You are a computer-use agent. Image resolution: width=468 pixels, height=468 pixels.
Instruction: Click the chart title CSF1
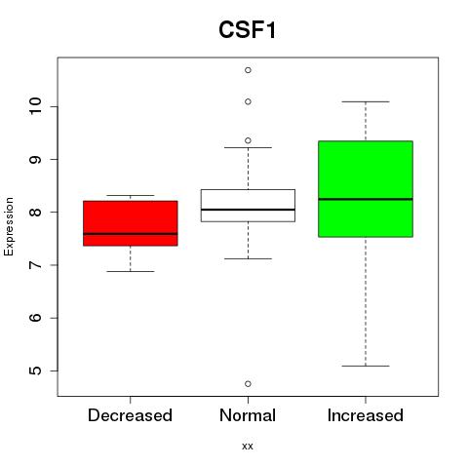pos(248,30)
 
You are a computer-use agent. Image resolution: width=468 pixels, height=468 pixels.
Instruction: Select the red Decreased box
pos(131,223)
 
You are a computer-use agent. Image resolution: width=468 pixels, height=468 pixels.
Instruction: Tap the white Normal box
pos(248,206)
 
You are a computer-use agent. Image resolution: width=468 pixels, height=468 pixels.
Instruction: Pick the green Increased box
pos(366,189)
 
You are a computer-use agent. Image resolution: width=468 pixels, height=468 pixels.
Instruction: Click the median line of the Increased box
pos(366,199)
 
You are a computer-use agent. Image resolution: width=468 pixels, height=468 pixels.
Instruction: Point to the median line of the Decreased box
pos(131,234)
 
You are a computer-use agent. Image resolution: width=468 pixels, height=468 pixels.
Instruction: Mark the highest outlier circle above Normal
pos(248,70)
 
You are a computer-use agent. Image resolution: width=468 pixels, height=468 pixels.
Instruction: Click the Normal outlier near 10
pos(248,101)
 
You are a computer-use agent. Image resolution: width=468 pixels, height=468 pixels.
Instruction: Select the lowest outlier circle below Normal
pos(248,384)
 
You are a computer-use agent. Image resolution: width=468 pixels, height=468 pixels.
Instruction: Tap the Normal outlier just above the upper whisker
pos(248,140)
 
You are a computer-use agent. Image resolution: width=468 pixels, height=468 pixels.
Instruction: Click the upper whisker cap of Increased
pos(366,101)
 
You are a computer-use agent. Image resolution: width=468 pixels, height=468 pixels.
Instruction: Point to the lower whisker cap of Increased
pos(366,366)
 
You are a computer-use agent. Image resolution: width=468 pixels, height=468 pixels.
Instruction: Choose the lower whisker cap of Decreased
pos(131,271)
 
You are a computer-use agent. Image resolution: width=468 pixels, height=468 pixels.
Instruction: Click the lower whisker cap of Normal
pos(248,258)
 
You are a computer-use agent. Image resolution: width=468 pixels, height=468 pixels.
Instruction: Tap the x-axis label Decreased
pos(130,415)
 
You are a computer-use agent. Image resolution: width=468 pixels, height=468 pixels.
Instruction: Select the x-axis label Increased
pos(366,415)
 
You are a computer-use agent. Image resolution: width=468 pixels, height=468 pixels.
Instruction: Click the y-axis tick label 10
pos(35,106)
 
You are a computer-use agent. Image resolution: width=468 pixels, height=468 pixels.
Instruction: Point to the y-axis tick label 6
pos(35,318)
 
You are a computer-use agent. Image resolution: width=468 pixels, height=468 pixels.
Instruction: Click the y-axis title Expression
pos(9,226)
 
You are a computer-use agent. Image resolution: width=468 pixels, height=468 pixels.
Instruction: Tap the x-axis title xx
pos(248,446)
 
